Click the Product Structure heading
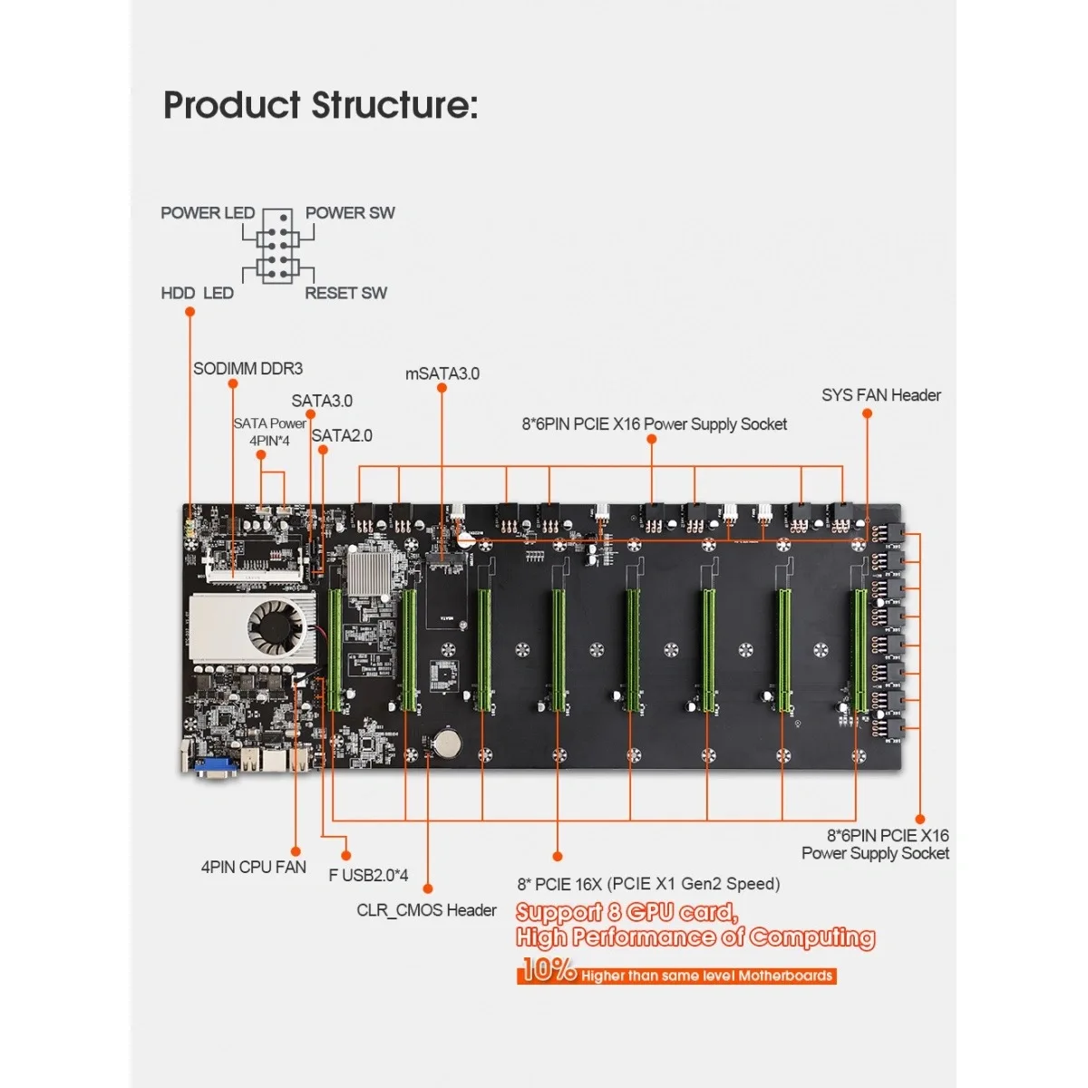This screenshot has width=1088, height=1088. [x=320, y=105]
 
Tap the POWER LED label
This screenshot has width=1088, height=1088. [x=208, y=213]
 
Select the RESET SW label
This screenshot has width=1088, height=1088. [x=345, y=293]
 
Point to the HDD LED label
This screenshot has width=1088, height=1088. [x=197, y=293]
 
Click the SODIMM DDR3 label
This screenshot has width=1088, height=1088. [x=248, y=369]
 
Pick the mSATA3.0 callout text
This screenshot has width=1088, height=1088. [x=442, y=374]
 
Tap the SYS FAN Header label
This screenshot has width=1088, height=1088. [x=880, y=395]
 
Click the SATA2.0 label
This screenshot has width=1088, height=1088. [x=342, y=436]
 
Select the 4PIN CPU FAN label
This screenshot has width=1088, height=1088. [x=253, y=868]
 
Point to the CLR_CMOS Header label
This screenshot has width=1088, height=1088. [x=426, y=910]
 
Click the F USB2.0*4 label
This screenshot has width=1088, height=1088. [x=368, y=876]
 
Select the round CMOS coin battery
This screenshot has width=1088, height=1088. [x=445, y=743]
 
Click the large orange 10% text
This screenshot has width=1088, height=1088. [x=548, y=971]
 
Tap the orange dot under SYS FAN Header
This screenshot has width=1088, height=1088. [x=867, y=413]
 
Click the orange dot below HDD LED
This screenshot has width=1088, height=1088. [x=189, y=312]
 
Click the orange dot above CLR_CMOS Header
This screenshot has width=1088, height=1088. [x=428, y=889]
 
